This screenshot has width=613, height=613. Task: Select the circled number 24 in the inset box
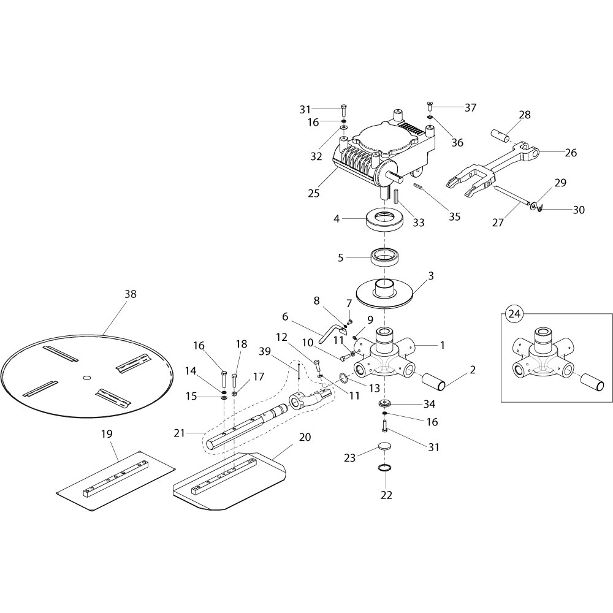click(x=514, y=314)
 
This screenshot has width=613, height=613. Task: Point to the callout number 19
click(x=107, y=434)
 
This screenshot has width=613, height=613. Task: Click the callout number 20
click(x=305, y=437)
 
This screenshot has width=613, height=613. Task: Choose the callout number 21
click(x=179, y=433)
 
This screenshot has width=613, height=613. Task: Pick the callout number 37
click(x=470, y=108)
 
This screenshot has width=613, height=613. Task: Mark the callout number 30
click(x=579, y=210)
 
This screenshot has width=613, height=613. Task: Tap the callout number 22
click(x=387, y=495)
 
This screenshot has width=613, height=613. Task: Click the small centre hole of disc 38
click(x=86, y=376)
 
